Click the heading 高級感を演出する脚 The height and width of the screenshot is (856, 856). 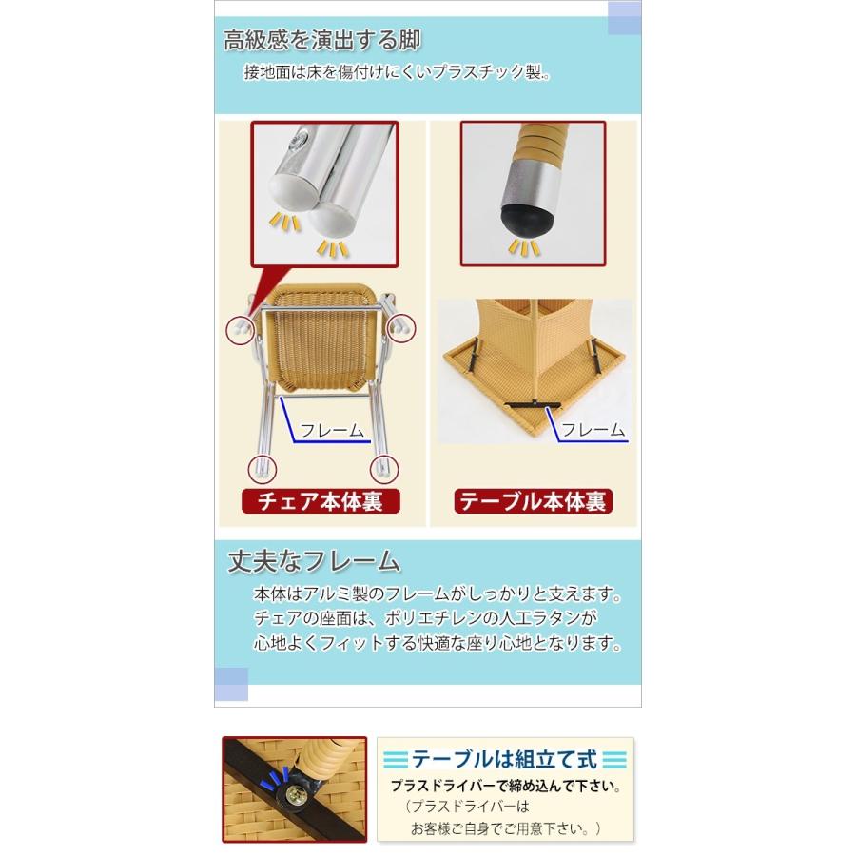(322, 40)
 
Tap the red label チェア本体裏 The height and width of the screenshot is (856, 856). (321, 501)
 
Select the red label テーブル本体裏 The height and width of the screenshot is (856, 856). (533, 501)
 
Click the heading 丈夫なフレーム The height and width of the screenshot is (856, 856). (314, 561)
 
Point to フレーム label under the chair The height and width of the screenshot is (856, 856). (332, 430)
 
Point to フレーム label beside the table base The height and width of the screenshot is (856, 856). (593, 430)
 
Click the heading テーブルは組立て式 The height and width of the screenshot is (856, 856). (504, 759)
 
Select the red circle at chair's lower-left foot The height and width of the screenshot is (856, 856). (263, 469)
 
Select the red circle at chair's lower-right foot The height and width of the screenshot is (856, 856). (384, 469)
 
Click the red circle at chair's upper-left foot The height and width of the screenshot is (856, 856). (241, 329)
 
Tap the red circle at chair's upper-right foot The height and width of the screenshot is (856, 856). (401, 328)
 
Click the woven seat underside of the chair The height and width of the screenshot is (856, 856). (322, 349)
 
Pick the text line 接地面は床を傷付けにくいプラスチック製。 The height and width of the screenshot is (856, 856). (398, 72)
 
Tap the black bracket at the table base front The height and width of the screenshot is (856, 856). (533, 404)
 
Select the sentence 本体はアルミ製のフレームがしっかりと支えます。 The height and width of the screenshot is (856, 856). (438, 593)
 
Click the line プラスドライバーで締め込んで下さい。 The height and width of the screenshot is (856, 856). (507, 787)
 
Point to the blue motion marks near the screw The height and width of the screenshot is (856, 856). (279, 776)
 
